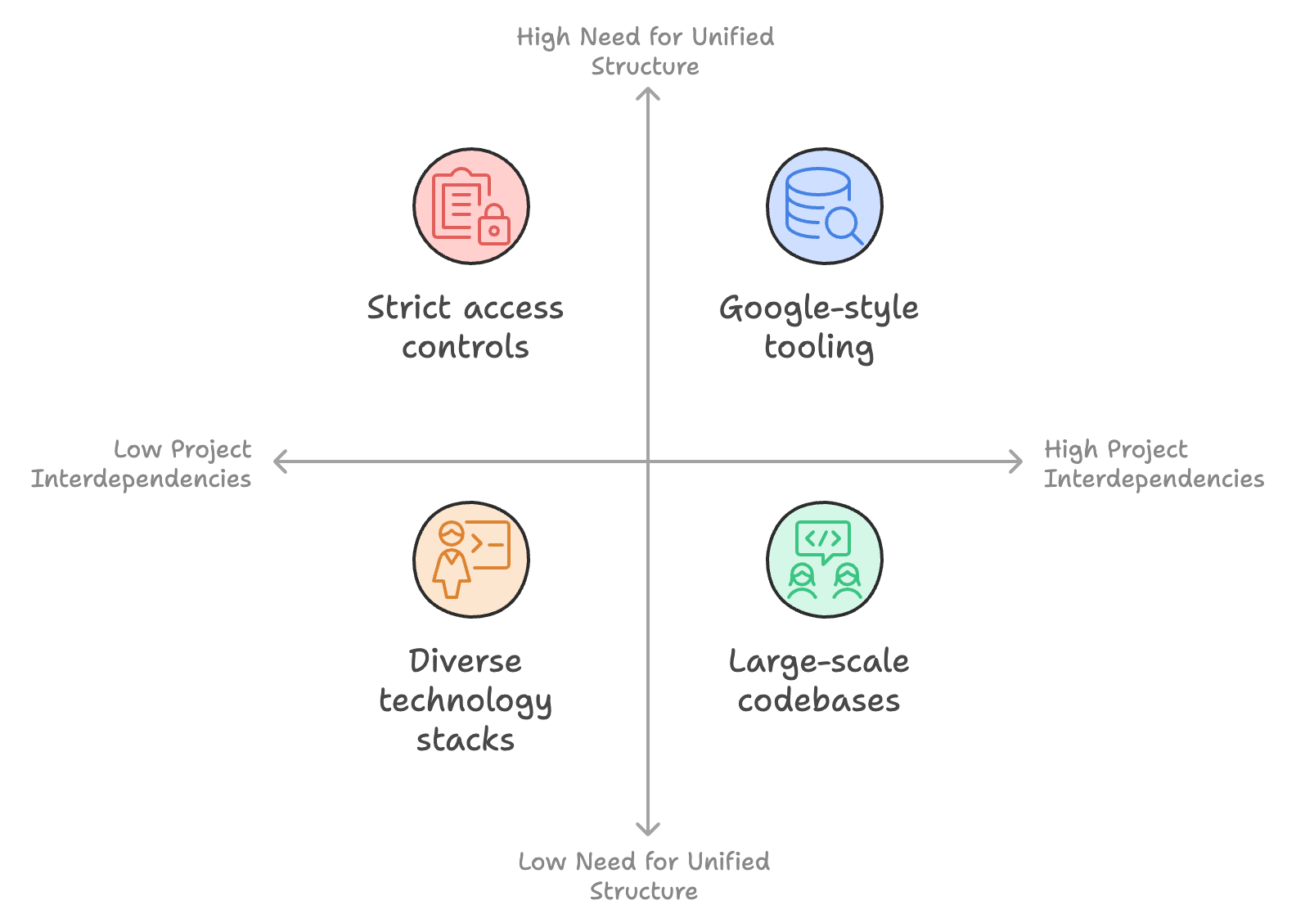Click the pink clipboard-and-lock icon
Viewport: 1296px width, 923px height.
[x=471, y=206]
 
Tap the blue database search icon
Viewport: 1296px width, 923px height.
[x=825, y=206]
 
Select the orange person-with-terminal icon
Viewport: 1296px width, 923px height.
[x=471, y=560]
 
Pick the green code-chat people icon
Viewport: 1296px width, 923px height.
[x=825, y=560]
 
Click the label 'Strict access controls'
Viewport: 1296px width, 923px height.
[x=466, y=327]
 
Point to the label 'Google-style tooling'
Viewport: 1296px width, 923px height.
[x=819, y=327]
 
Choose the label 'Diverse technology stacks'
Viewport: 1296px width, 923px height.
[x=466, y=700]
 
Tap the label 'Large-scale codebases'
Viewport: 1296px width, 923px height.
[x=819, y=681]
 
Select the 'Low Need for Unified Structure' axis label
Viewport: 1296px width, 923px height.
[x=644, y=876]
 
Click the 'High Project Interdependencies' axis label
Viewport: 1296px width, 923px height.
[x=1154, y=464]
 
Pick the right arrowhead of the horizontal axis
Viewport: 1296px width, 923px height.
[x=1019, y=461]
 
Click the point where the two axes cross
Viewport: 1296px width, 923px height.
[x=648, y=461]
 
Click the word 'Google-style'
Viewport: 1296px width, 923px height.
[x=819, y=308]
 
